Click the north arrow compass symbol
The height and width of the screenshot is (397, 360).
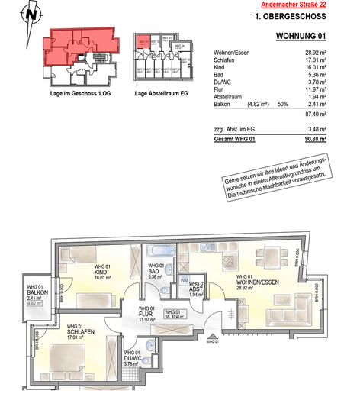[29, 14]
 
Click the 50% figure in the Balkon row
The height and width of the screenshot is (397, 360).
[281, 102]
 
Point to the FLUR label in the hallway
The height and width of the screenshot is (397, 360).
[146, 312]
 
